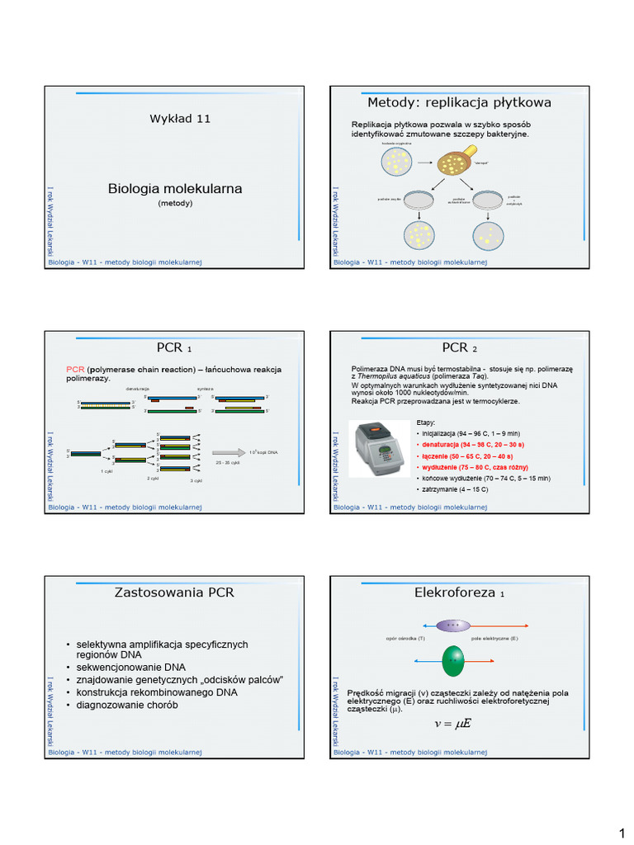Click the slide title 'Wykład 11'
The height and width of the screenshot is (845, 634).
[180, 119]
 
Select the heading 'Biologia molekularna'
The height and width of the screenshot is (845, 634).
[175, 189]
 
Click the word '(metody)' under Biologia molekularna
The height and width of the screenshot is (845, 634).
[175, 203]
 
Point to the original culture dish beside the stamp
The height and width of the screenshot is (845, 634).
[396, 162]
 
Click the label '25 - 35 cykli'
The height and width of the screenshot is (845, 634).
[228, 463]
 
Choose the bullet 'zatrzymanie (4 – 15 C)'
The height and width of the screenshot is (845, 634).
[455, 489]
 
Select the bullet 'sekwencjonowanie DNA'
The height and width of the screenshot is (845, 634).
[130, 667]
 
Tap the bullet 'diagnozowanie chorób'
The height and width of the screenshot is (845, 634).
[127, 705]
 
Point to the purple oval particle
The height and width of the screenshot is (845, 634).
[452, 625]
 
